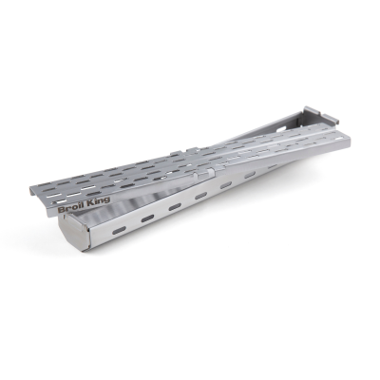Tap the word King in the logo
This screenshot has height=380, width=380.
[x=99, y=202]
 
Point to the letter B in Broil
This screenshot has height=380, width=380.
[x=61, y=210]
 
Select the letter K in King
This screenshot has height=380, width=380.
[x=90, y=203]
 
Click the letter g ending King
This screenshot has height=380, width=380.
[x=107, y=201]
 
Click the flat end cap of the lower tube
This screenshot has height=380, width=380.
[x=74, y=232]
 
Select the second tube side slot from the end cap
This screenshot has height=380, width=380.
[x=147, y=218]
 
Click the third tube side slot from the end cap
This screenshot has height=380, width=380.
[x=175, y=207]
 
